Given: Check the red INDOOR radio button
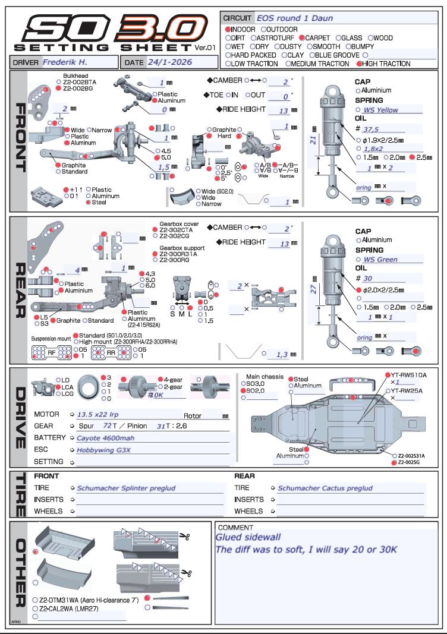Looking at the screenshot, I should click(x=228, y=29).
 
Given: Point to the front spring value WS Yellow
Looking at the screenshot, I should click(x=381, y=110).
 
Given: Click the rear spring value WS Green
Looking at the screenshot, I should click(x=380, y=259).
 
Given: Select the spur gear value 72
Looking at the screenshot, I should click(x=107, y=426).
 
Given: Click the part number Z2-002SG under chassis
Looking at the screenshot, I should click(x=411, y=460).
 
